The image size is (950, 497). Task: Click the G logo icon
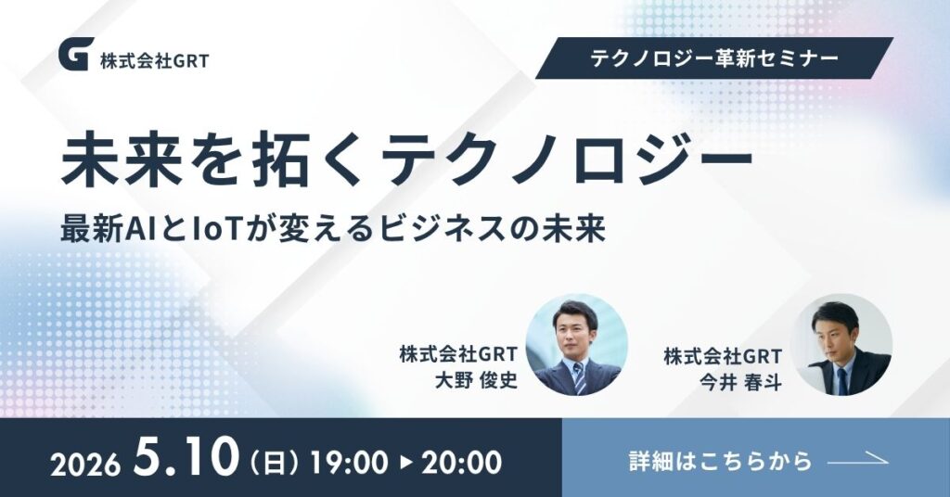click(76, 54)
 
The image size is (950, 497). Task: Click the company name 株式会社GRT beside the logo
click(155, 60)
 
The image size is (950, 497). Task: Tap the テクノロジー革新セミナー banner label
click(714, 58)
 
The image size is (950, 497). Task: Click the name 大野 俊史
click(476, 380)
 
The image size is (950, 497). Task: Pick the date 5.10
click(187, 457)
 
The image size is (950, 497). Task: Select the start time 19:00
click(349, 463)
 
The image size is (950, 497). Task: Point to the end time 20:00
click(462, 463)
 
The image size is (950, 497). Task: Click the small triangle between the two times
click(405, 463)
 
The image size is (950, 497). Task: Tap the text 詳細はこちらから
click(720, 461)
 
